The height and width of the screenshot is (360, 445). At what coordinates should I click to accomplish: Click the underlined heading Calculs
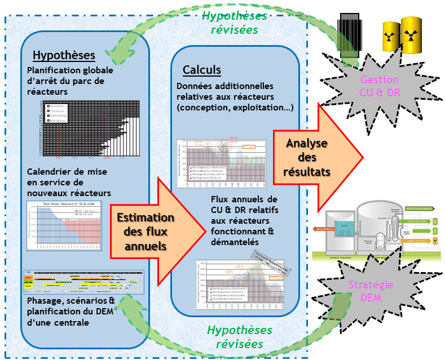pos(201,70)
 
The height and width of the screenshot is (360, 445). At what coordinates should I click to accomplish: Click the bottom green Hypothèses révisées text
pos(239,336)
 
